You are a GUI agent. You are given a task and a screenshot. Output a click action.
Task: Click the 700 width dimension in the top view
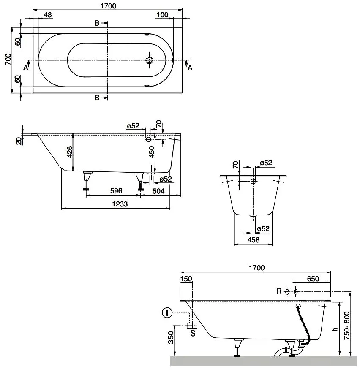pos(8,60)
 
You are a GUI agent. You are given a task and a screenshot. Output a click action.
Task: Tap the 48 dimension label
pos(47,15)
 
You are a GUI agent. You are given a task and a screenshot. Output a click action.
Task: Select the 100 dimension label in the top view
pos(162,15)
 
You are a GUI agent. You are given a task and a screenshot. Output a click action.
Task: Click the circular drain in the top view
pos(150,60)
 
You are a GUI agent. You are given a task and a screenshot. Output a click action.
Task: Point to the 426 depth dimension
pos(69,152)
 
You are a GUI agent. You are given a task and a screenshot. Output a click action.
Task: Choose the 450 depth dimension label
pos(151,152)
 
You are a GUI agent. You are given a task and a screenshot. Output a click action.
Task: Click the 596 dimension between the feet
pos(116,191)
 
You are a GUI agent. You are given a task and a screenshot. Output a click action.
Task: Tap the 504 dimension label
pos(158,191)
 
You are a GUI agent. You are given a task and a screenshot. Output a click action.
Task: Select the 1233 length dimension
pos(120,204)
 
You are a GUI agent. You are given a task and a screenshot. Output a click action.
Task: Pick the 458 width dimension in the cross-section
pos(254,240)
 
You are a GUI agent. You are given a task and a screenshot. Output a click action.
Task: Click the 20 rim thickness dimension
pos(19,141)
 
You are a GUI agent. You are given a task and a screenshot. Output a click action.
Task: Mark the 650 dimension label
pos(313,279)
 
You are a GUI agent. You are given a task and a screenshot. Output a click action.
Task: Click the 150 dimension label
pos(186,279)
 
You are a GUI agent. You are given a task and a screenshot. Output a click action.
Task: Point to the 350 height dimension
pos(171,338)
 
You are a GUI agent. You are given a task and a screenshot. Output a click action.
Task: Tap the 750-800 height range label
pos(347,326)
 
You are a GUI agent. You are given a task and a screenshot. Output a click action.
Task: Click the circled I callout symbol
pos(167,313)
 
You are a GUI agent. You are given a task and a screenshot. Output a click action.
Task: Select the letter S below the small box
pos(193,333)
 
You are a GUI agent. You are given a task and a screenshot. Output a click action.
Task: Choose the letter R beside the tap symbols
pos(279,291)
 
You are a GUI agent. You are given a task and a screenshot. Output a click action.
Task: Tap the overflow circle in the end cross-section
pos(253,182)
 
